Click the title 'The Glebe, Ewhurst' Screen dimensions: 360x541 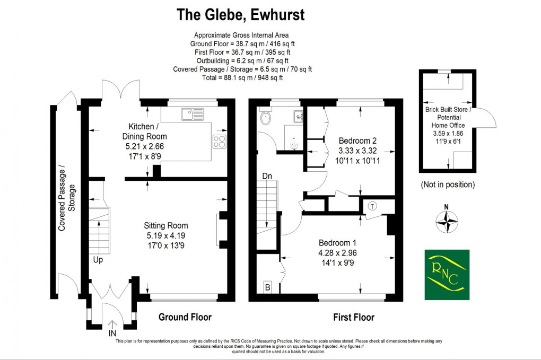pyautogui.click(x=240, y=15)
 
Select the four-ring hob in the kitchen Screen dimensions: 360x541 pyautogui.click(x=220, y=141)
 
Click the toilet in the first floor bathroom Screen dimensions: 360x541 pyautogui.click(x=265, y=117)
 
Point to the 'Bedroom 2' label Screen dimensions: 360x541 pyautogui.click(x=357, y=141)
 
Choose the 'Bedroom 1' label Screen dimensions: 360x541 pyautogui.click(x=333, y=247)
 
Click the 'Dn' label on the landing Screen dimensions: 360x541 pyautogui.click(x=267, y=175)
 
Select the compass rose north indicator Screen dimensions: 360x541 pyautogui.click(x=447, y=222)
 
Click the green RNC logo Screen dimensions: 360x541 pyautogui.click(x=447, y=274)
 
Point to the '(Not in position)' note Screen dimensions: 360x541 pyautogui.click(x=447, y=185)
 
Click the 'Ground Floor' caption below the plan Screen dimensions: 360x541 pyautogui.click(x=185, y=317)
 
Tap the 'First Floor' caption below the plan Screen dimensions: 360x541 pyautogui.click(x=353, y=317)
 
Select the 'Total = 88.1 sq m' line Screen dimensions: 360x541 pyautogui.click(x=242, y=77)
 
